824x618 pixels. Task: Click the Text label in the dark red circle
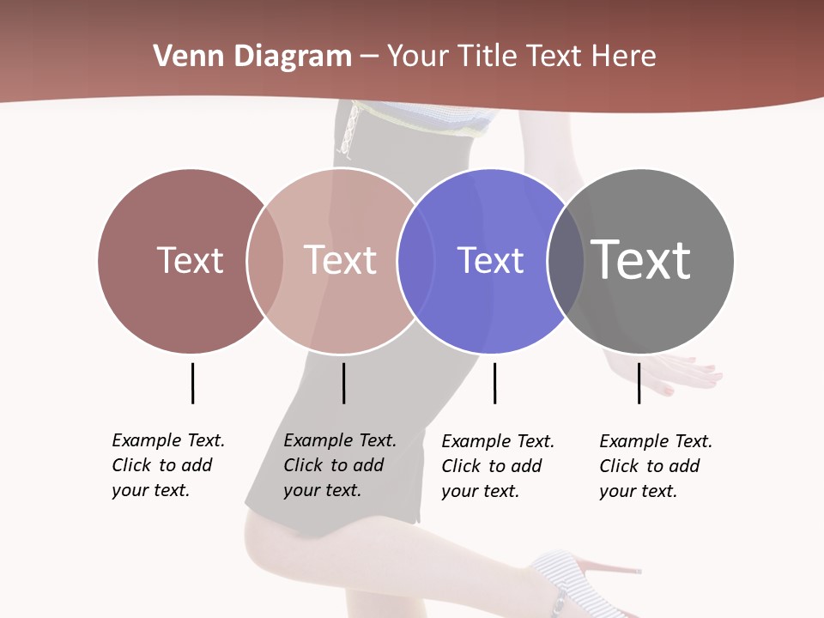pyautogui.click(x=190, y=260)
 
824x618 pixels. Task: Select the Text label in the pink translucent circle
pyautogui.click(x=341, y=260)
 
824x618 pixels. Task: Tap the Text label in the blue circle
pyautogui.click(x=490, y=260)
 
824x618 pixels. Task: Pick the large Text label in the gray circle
pyautogui.click(x=641, y=260)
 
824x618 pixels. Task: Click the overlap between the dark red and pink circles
pyautogui.click(x=265, y=260)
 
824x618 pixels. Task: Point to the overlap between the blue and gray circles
pyautogui.click(x=566, y=260)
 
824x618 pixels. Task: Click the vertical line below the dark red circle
pyautogui.click(x=192, y=383)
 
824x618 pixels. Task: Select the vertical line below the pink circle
pyautogui.click(x=343, y=383)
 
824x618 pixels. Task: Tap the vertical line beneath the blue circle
pyautogui.click(x=494, y=383)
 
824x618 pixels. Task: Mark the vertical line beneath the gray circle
pyautogui.click(x=639, y=383)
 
